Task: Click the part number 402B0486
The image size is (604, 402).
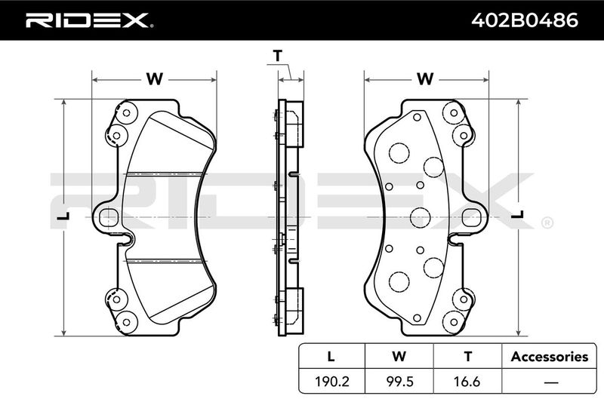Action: coord(525,20)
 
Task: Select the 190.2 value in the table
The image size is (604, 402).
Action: coord(332,382)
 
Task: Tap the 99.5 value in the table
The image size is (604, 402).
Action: coord(399,382)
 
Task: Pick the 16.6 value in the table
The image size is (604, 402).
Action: coord(467,382)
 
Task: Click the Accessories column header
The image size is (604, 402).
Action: coord(550,357)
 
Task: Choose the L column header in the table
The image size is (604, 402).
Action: coord(331,357)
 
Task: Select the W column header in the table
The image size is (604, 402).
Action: coord(399,357)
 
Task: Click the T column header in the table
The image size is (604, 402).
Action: coord(467,357)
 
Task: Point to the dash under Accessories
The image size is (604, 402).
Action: coord(551,382)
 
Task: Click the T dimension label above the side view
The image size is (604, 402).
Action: coord(278,56)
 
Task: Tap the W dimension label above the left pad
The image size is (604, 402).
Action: coord(155,79)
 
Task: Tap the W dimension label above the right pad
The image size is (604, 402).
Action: coord(425,79)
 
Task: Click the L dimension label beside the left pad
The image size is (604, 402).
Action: coord(63,216)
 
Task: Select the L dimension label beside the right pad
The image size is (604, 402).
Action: coord(517,215)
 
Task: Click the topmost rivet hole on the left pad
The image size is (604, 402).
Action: coord(126,113)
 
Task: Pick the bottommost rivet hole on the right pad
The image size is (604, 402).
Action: coord(454,322)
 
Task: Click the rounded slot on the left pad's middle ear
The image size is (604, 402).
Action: coord(109,217)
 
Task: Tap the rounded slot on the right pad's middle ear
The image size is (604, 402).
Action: coord(470,217)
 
